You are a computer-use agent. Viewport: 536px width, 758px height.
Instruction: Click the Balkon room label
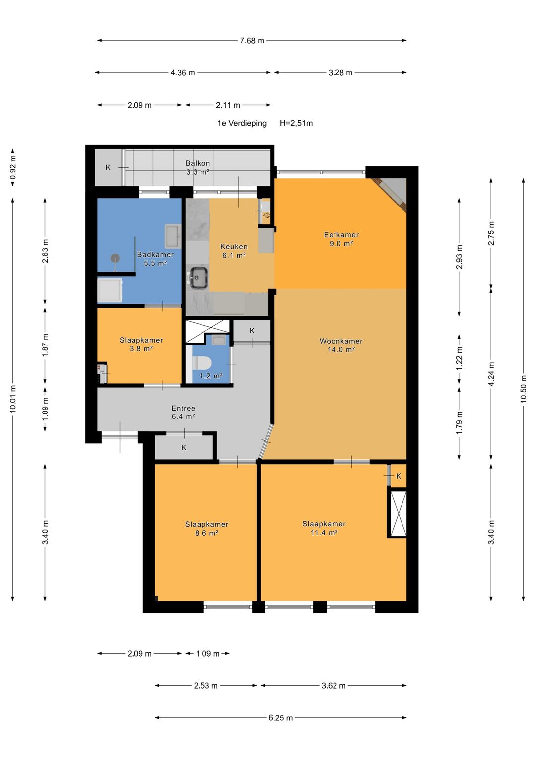point(198,163)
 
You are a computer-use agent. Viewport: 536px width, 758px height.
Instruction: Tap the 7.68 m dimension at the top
point(252,41)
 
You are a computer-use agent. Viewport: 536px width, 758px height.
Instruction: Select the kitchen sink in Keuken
point(198,277)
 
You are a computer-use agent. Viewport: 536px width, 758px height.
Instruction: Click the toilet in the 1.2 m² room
point(201,363)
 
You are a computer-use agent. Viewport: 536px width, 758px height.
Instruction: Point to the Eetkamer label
point(341,234)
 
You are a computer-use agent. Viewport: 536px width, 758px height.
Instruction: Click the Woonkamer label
point(341,341)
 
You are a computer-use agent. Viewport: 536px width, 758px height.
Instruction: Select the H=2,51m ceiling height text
point(296,123)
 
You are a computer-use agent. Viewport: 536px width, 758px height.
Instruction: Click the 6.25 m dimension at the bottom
point(280,718)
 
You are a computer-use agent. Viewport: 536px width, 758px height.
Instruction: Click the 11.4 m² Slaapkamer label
point(324,528)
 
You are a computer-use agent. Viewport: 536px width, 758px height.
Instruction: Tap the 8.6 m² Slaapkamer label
point(206,528)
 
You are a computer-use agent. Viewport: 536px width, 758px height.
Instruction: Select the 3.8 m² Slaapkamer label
point(141,344)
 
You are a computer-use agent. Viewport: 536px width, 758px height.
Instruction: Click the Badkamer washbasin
point(173,236)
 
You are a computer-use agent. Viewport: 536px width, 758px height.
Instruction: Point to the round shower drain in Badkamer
point(115,258)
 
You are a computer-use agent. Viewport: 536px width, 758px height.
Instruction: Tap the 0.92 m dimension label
point(13,167)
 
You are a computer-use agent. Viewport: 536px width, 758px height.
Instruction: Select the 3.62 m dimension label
point(334,685)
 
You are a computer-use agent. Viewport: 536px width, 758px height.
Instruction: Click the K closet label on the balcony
point(108,167)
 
